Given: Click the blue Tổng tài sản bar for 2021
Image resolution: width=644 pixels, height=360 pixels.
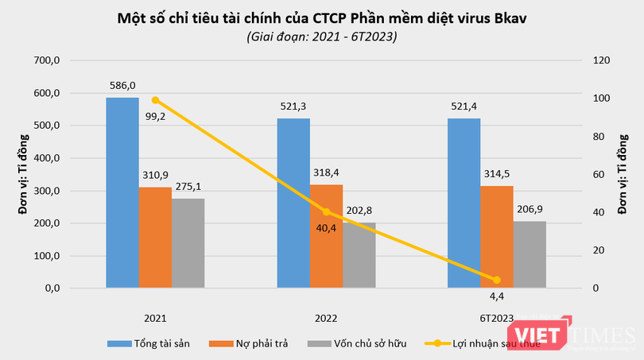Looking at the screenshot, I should click(122, 192).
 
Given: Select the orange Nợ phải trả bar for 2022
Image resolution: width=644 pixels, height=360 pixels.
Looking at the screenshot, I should click(326, 235).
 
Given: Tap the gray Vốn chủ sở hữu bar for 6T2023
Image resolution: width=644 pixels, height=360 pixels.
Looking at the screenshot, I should click(530, 254).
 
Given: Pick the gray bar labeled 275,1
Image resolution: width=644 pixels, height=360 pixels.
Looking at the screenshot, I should click(188, 242).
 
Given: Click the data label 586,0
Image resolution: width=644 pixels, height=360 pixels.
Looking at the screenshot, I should click(122, 85).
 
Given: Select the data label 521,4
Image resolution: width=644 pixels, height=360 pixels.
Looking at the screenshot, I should click(464, 106).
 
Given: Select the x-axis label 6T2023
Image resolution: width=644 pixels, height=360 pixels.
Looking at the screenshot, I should click(496, 318).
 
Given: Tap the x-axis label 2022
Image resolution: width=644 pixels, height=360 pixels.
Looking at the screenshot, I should click(326, 318).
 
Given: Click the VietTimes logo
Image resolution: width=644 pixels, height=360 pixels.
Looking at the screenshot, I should click(601, 334).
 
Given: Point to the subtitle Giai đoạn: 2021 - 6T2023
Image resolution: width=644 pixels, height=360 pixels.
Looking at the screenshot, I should click(322, 37).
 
